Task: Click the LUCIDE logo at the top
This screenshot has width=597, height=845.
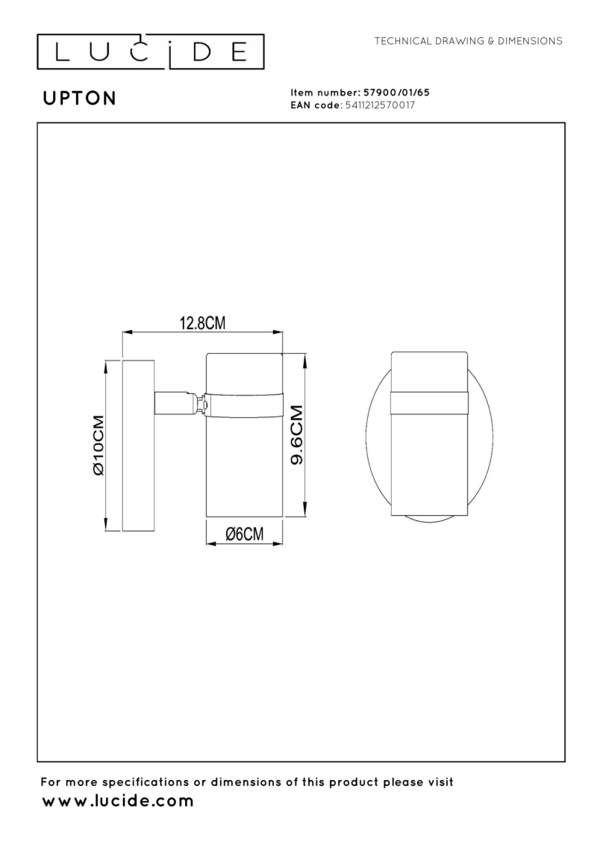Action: (x=150, y=52)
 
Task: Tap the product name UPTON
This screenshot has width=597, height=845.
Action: (x=80, y=98)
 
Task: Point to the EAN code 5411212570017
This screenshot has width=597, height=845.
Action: (x=380, y=105)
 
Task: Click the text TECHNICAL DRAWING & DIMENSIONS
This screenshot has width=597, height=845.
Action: (x=468, y=41)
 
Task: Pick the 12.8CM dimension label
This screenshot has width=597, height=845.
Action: (x=202, y=322)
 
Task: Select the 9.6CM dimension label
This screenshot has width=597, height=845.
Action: (x=297, y=435)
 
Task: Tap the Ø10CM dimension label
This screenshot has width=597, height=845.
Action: (x=98, y=445)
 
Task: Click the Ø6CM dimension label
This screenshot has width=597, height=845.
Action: (x=245, y=534)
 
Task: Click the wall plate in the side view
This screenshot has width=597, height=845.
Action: (x=139, y=445)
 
